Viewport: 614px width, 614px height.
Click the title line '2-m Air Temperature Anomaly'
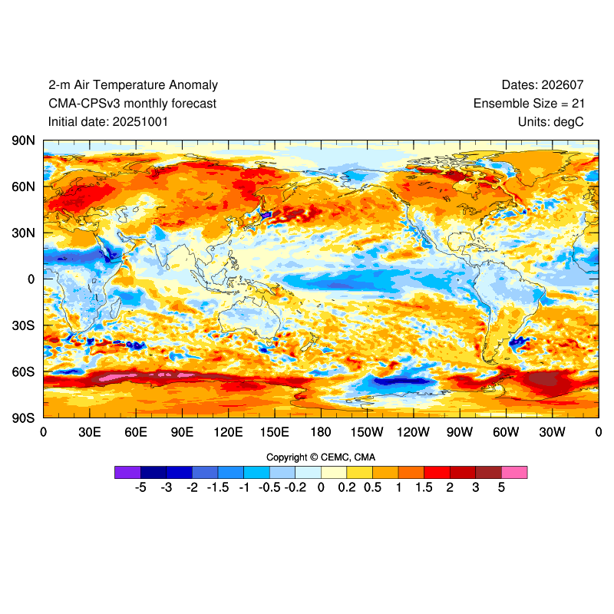click(x=133, y=85)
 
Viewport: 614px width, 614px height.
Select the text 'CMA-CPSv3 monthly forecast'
click(x=132, y=104)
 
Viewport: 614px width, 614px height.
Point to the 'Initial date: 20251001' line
click(x=108, y=121)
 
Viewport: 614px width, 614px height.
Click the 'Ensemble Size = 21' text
click(x=536, y=104)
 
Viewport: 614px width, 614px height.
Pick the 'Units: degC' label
click(x=558, y=121)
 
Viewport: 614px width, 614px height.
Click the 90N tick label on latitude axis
click(x=23, y=141)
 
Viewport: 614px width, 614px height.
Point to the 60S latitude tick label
click(x=23, y=371)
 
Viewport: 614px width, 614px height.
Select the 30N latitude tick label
click(x=23, y=233)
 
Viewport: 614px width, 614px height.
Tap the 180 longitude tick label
click(x=321, y=432)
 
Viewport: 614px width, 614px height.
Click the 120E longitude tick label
click(x=228, y=432)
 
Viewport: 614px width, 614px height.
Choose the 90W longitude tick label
click(x=460, y=432)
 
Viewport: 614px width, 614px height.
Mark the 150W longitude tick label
click(x=367, y=432)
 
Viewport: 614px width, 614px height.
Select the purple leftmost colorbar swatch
click(x=127, y=472)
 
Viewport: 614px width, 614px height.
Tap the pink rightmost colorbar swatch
click(x=514, y=472)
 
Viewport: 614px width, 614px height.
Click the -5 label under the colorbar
click(x=140, y=487)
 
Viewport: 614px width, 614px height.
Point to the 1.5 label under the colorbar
click(x=424, y=487)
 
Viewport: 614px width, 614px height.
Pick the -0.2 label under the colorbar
click(x=295, y=487)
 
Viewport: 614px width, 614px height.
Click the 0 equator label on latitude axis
click(x=31, y=279)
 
